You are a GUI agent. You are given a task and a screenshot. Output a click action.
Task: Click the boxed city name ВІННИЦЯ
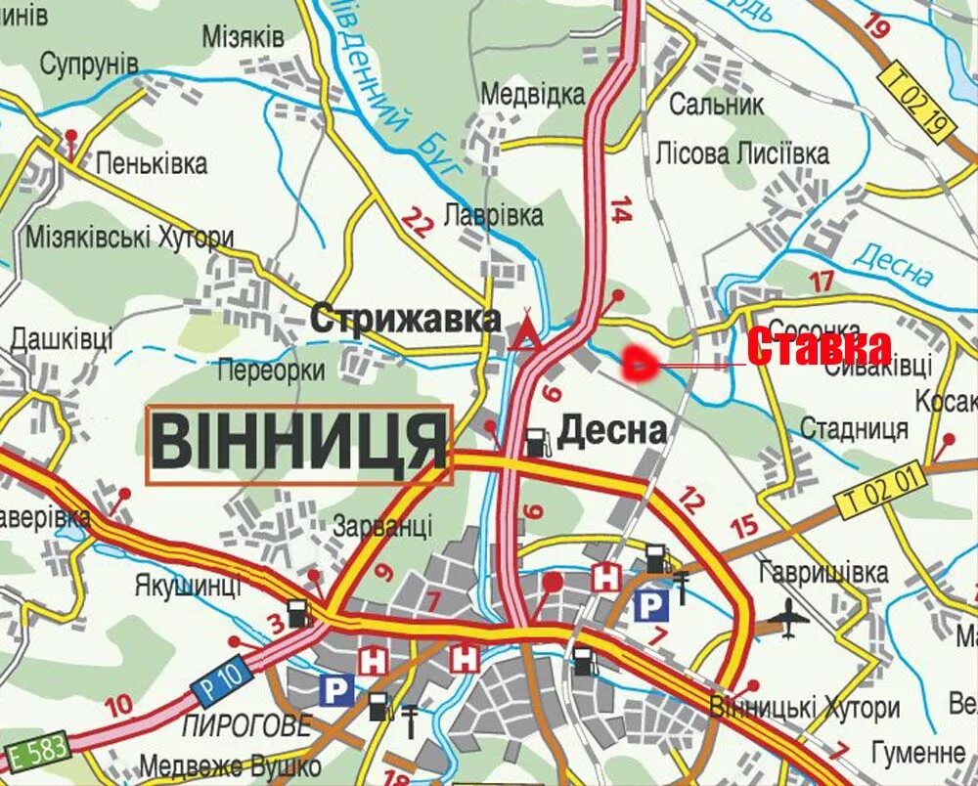299,444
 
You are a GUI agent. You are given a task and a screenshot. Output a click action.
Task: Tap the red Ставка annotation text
820,348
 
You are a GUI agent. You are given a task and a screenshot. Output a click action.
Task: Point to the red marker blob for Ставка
639,364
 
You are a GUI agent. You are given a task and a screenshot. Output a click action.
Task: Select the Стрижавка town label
406,319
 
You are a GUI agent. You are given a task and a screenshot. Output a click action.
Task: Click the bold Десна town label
612,430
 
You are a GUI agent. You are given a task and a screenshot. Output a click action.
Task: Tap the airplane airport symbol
789,617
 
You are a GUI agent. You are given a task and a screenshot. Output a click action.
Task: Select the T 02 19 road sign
914,101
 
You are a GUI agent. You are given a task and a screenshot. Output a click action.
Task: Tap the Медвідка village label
533,95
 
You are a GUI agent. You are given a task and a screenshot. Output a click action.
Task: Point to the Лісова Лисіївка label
742,153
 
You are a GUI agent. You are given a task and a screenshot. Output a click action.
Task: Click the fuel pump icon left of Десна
535,442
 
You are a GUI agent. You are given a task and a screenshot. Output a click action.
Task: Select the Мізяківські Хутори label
130,238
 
